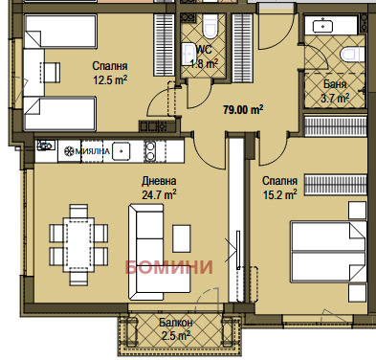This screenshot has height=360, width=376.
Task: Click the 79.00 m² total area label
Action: pos(243,110)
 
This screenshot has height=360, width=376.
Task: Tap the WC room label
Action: pos(205,50)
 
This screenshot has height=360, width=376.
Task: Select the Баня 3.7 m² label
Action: pos(335,91)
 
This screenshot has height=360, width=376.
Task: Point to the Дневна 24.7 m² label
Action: pos(159,188)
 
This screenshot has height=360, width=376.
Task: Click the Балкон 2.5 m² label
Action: pos(176,329)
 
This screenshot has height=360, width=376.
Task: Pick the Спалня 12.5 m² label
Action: pos(110,73)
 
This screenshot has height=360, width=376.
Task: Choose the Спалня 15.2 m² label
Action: pos(279,188)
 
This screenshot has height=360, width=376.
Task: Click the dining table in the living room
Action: pos(79,244)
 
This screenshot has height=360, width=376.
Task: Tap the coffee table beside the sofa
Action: pos(182,238)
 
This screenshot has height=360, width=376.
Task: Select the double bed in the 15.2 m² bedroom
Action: pos(328,252)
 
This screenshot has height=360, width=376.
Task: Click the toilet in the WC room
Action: pos(210,25)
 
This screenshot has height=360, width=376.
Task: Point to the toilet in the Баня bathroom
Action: pos(352,55)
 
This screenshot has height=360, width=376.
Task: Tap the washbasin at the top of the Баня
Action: pos(322,25)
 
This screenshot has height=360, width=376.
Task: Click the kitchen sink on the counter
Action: pos(121,151)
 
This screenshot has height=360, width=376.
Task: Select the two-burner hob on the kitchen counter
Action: pos(150,151)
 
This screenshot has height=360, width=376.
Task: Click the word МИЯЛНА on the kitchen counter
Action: pos(93,151)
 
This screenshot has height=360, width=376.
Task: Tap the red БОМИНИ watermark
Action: pos(168,267)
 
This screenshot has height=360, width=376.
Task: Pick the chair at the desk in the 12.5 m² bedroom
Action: pos(50,73)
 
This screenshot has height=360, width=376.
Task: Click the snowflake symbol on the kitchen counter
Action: pos(69,151)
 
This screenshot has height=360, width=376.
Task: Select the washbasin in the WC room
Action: pos(188,54)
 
